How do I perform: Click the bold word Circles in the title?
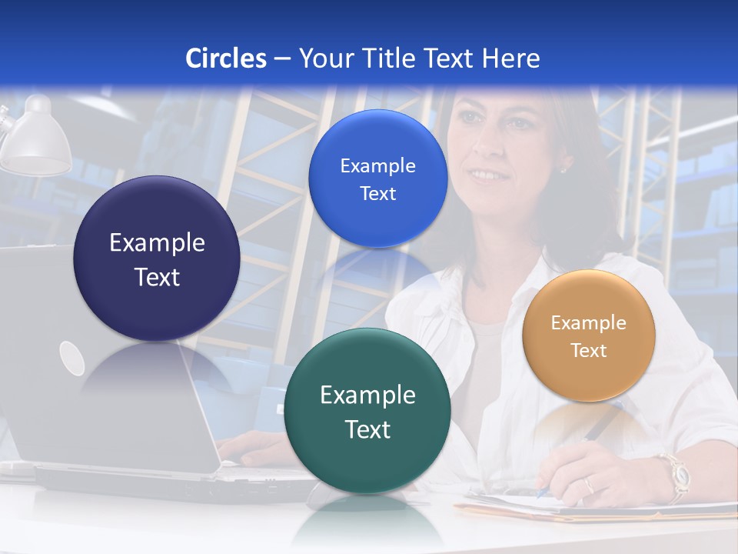[225, 58]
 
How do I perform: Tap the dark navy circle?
[157, 259]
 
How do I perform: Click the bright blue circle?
[377, 179]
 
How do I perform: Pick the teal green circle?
[367, 411]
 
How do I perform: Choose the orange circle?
[589, 335]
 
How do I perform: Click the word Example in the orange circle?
[589, 323]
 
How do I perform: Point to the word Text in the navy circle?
[157, 277]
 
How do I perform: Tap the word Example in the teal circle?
[367, 395]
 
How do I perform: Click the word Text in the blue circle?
[377, 194]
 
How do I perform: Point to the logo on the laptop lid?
[71, 358]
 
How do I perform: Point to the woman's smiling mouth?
[484, 175]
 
